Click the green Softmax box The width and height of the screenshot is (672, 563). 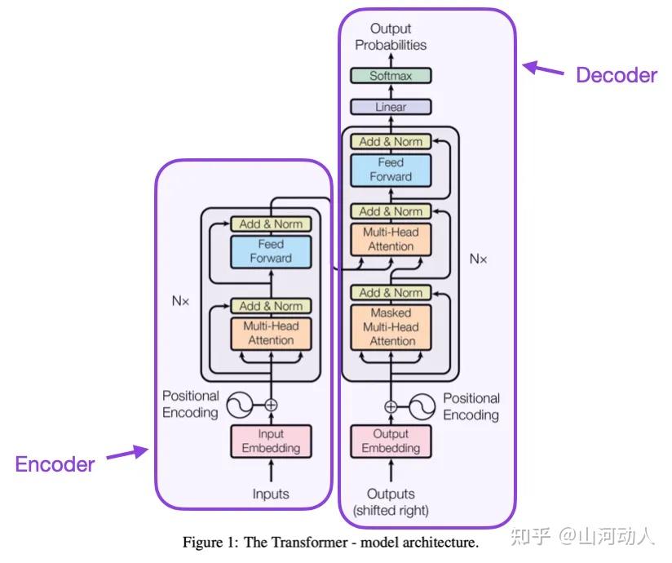click(x=391, y=76)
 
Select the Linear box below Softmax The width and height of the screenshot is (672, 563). click(x=391, y=107)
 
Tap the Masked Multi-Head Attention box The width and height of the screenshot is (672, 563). click(x=391, y=326)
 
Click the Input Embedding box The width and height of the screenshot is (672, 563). click(x=271, y=441)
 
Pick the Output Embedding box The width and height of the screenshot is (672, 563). click(x=391, y=441)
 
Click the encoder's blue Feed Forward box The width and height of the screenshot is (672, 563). click(x=271, y=251)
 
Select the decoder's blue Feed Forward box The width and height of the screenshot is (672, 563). click(x=391, y=170)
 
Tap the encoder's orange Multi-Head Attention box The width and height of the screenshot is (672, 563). click(x=271, y=333)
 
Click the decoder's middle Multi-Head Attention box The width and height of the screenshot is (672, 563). click(x=391, y=239)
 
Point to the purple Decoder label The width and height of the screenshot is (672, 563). click(x=616, y=75)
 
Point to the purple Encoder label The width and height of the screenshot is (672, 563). click(x=55, y=464)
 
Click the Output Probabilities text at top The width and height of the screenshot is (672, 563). click(x=391, y=37)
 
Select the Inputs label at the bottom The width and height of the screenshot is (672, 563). click(x=271, y=494)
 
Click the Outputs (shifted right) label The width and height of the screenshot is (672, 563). click(x=391, y=502)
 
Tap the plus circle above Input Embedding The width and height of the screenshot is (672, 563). click(x=271, y=404)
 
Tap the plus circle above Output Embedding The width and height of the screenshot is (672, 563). click(x=391, y=406)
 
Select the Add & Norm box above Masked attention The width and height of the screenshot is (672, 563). click(x=391, y=292)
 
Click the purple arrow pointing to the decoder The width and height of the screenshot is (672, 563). click(x=544, y=69)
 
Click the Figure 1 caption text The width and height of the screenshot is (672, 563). click(x=330, y=542)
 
